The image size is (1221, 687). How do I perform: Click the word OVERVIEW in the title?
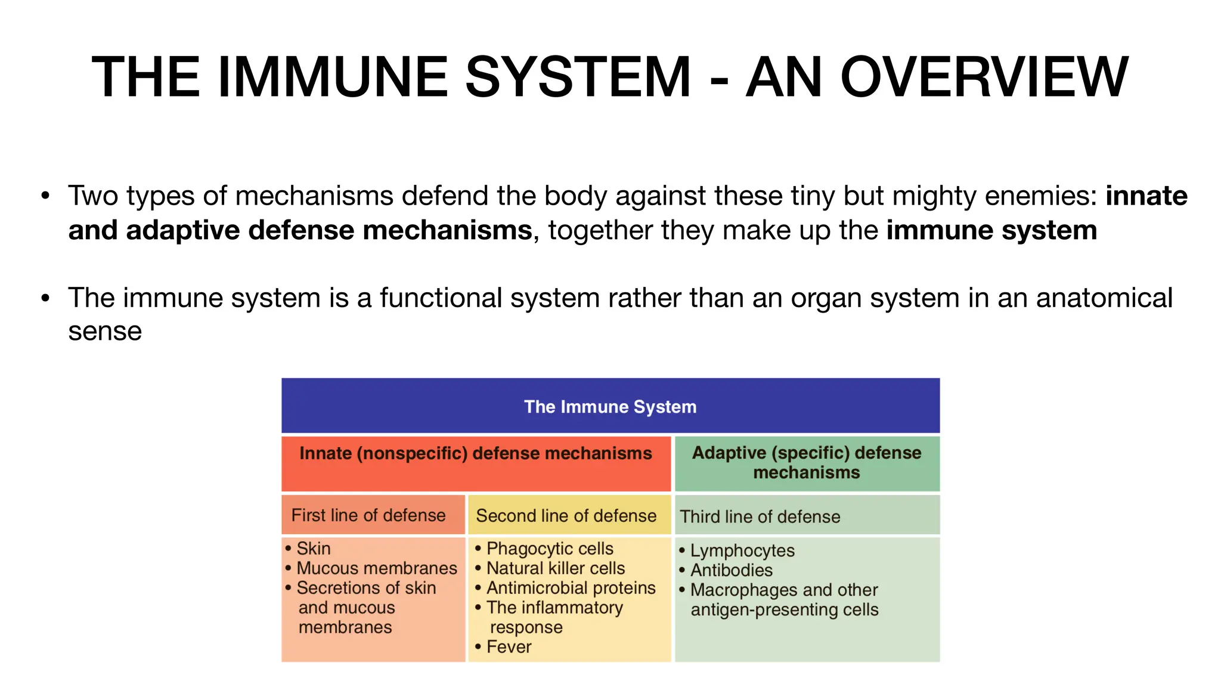[x=984, y=78]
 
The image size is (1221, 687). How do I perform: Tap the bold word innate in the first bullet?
[x=1146, y=196]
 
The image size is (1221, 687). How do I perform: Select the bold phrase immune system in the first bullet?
[x=991, y=231]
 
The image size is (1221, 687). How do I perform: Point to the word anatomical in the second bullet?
[x=1104, y=298]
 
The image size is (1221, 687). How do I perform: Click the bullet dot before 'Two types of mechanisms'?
[x=45, y=196]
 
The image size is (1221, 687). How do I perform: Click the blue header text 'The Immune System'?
[x=610, y=407]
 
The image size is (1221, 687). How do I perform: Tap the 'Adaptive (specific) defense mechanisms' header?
[x=806, y=463]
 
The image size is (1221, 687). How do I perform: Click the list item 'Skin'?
[x=313, y=549]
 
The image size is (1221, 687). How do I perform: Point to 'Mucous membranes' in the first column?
[x=376, y=568]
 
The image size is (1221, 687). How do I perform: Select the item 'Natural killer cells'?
[x=555, y=568]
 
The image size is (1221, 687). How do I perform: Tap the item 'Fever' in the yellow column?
[x=509, y=647]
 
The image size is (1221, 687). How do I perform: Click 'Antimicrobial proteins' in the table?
[x=571, y=588]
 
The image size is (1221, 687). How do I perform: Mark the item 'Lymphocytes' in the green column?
[x=742, y=550]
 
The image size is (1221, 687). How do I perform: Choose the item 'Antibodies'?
[x=731, y=570]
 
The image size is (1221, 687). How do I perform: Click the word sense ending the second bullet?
[x=105, y=332]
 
